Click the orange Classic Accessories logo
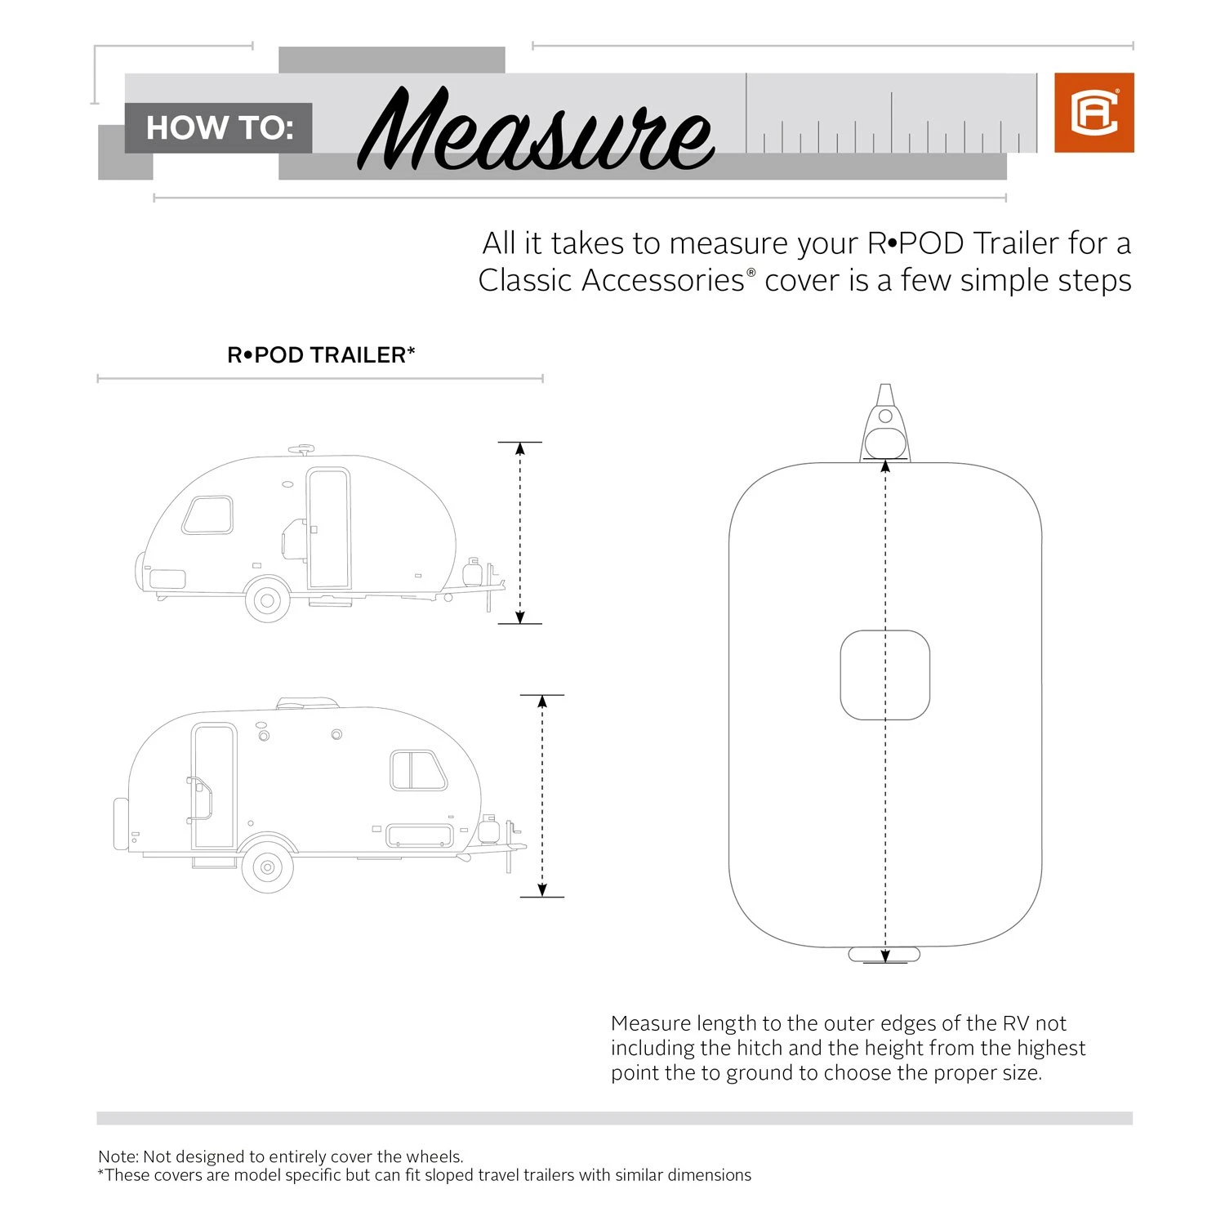pyautogui.click(x=1094, y=113)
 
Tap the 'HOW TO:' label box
pyautogui.click(x=219, y=128)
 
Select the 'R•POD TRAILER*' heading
pyautogui.click(x=321, y=355)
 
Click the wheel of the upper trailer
pyautogui.click(x=267, y=601)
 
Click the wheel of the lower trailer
pyautogui.click(x=267, y=869)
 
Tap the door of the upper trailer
pyautogui.click(x=329, y=528)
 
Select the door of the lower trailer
pyautogui.click(x=214, y=786)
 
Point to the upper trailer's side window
pyautogui.click(x=207, y=514)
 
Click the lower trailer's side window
pyautogui.click(x=417, y=770)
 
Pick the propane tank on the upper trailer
pyautogui.click(x=472, y=572)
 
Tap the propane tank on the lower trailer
pyautogui.click(x=488, y=829)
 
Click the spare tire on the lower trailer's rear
pyautogui.click(x=121, y=825)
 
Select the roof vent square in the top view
pyautogui.click(x=884, y=675)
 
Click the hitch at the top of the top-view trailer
pyautogui.click(x=884, y=425)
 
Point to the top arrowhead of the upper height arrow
pyautogui.click(x=519, y=448)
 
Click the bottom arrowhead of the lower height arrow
pyautogui.click(x=542, y=890)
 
